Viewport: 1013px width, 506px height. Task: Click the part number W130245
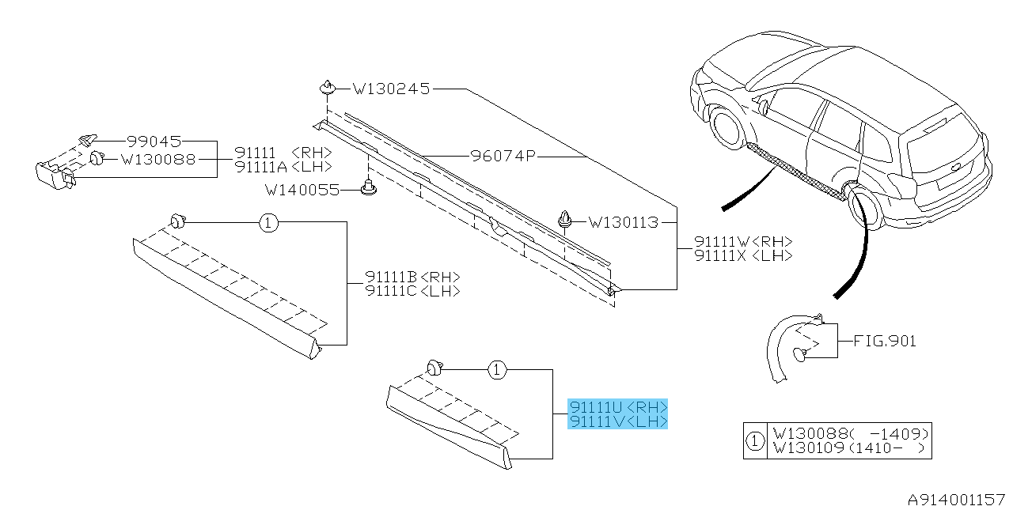(391, 89)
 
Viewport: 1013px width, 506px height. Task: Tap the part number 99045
(154, 141)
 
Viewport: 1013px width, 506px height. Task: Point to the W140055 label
(302, 190)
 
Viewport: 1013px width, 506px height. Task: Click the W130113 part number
(624, 222)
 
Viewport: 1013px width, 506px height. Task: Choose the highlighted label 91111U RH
(618, 407)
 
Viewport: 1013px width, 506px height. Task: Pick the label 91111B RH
(412, 278)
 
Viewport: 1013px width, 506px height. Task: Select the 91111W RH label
(743, 242)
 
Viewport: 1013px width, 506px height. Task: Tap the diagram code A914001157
(955, 499)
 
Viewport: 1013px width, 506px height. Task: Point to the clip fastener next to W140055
(368, 188)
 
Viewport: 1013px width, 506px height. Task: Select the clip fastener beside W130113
(566, 219)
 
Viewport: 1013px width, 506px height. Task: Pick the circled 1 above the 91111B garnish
(268, 224)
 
